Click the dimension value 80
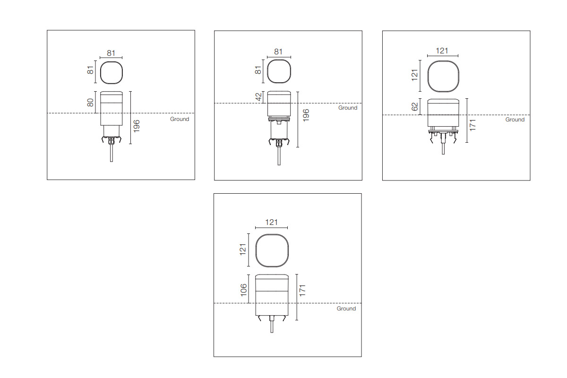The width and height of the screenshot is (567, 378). click(90, 103)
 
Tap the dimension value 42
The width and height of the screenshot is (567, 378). click(258, 97)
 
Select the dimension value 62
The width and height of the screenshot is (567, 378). click(415, 107)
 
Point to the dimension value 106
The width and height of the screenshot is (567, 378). click(243, 290)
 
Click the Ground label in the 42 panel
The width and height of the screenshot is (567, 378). click(348, 108)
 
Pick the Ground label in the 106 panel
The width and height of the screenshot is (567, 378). click(346, 309)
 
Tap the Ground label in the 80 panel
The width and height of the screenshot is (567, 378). click(180, 119)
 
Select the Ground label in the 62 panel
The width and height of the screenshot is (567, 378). click(515, 120)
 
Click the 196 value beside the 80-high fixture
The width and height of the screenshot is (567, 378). click(137, 126)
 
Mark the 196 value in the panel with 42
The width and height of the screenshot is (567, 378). click(306, 115)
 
